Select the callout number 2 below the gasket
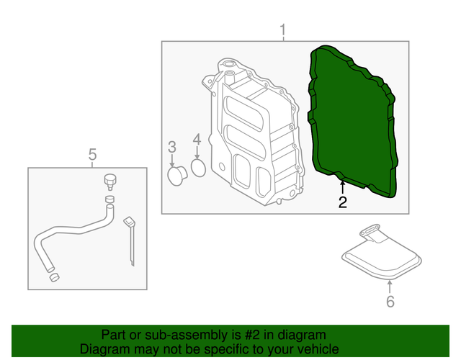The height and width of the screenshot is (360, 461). click(x=342, y=203)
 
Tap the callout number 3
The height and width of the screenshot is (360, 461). click(x=172, y=148)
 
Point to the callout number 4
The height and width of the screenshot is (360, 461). click(x=197, y=140)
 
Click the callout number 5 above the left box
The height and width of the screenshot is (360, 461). click(x=92, y=154)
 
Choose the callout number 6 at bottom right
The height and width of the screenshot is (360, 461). click(x=390, y=301)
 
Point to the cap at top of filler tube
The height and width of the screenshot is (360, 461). click(x=110, y=179)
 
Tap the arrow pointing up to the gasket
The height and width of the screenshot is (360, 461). click(x=342, y=189)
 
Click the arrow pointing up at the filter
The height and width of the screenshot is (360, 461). click(x=390, y=287)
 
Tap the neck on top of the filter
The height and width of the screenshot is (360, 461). click(x=371, y=232)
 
